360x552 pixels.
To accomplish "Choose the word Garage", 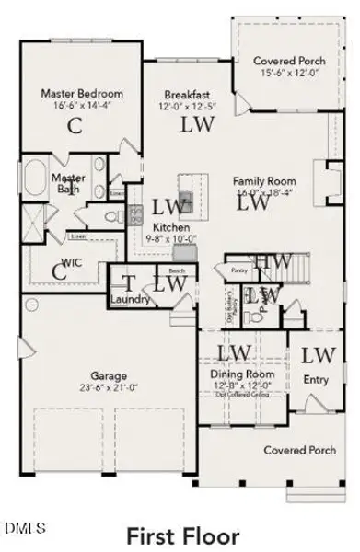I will coord(108,375).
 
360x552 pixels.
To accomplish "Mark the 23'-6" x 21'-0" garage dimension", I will coord(108,387).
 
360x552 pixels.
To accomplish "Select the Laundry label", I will coord(129,300).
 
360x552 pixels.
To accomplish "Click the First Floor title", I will coord(182,535).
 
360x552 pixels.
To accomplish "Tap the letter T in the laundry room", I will coord(129,283).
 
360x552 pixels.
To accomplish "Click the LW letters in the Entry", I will coord(319,354).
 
